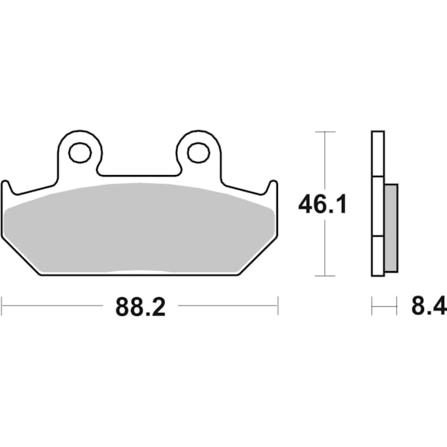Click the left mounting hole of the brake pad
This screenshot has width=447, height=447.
pyautogui.click(x=79, y=153)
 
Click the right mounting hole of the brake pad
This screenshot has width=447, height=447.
pyautogui.click(x=197, y=153)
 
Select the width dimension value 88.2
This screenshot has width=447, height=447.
pyautogui.click(x=140, y=306)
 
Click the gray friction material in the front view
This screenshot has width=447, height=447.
pyautogui.click(x=140, y=227)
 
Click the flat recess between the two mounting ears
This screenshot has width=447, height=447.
pyautogui.click(x=139, y=174)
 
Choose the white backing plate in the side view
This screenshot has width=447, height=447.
pyautogui.click(x=377, y=204)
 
